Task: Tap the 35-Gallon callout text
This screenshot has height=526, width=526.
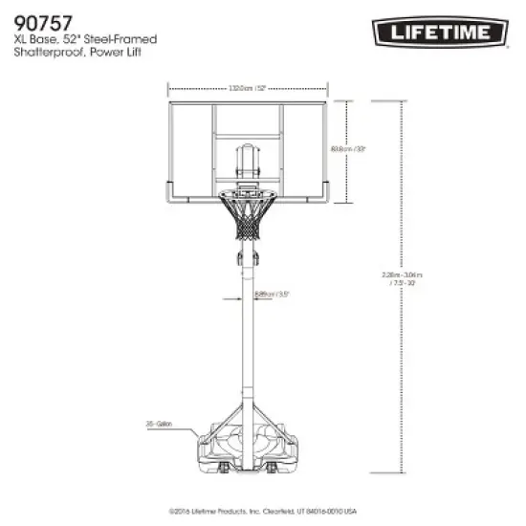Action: (x=158, y=420)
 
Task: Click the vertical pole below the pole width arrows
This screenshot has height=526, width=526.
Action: (x=248, y=354)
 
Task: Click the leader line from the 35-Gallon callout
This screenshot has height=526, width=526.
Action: (x=186, y=424)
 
